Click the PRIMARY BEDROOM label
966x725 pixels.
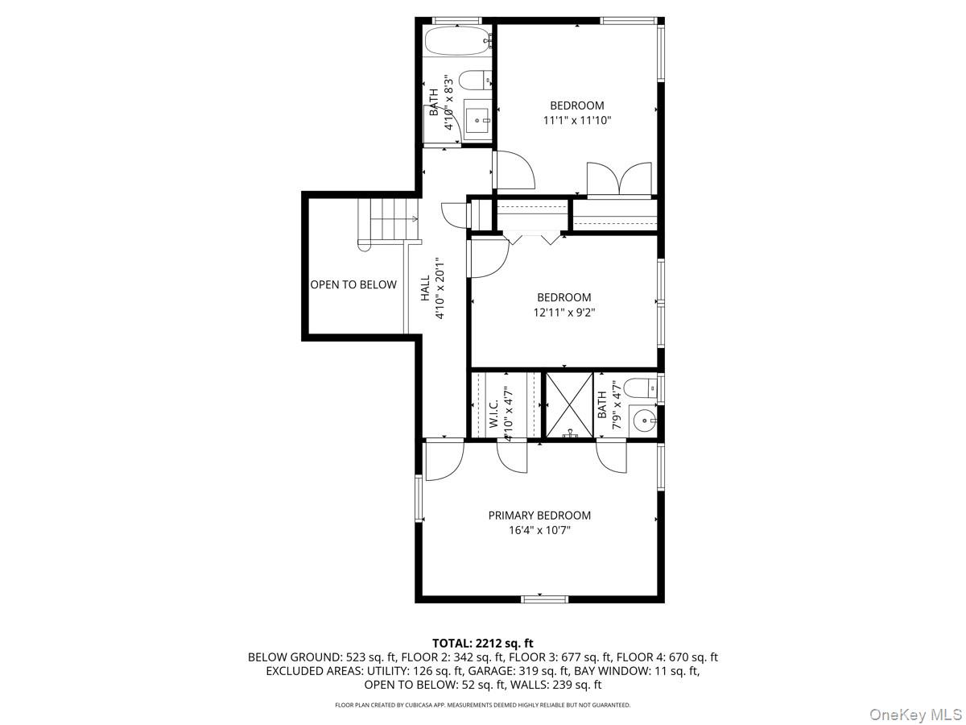pyautogui.click(x=539, y=516)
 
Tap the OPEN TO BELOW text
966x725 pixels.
pyautogui.click(x=353, y=284)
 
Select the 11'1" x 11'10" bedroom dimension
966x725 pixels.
pyautogui.click(x=576, y=121)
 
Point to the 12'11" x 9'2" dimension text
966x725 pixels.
pyautogui.click(x=563, y=313)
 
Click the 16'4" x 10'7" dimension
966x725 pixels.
pyautogui.click(x=539, y=531)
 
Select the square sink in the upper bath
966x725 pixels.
pyautogui.click(x=477, y=121)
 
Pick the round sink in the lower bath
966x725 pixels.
pyautogui.click(x=644, y=420)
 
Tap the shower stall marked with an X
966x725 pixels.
pyautogui.click(x=570, y=405)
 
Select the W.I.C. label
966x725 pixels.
pyautogui.click(x=493, y=411)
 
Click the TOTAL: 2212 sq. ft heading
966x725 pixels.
pyautogui.click(x=483, y=643)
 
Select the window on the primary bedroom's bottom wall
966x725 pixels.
pyautogui.click(x=545, y=599)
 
